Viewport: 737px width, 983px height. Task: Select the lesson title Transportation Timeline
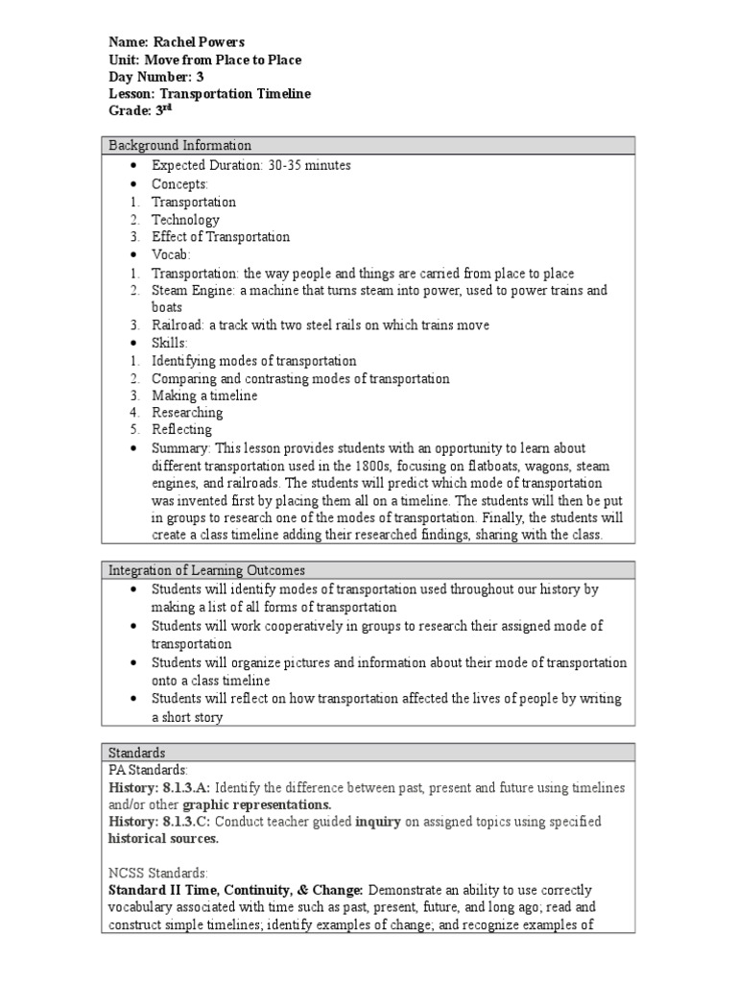coord(235,94)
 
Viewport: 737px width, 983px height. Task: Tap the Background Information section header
coord(179,146)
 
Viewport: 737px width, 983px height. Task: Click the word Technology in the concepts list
coord(185,220)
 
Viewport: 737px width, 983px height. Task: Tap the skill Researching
coord(187,413)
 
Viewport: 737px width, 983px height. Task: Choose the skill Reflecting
coord(181,430)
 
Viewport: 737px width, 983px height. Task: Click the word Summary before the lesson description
coord(180,448)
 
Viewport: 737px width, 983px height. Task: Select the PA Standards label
coord(148,770)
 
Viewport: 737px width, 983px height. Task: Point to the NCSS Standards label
coord(157,875)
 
